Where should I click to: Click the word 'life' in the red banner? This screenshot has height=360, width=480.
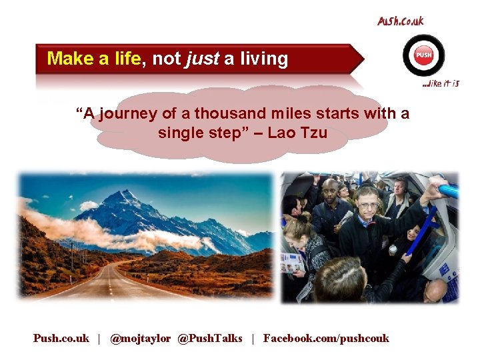coord(127,59)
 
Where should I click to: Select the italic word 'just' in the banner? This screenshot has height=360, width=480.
coord(203,59)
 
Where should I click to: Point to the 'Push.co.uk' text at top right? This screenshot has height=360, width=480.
coord(400,21)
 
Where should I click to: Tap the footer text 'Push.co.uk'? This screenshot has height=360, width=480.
coord(61,338)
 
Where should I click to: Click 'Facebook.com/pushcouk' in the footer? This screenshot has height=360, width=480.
coord(326,338)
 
